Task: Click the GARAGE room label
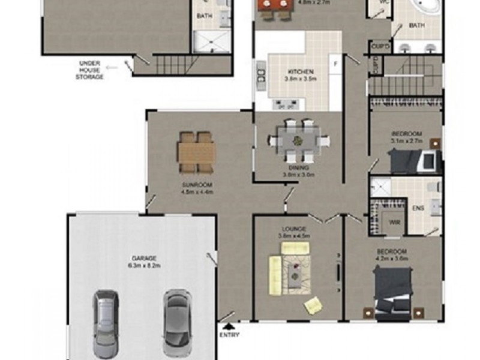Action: [x=143, y=259]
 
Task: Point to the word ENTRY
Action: [x=229, y=335]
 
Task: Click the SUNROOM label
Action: [x=197, y=185]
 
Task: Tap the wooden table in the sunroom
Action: [x=196, y=152]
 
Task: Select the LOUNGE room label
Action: [x=294, y=229]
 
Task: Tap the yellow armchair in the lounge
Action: [x=313, y=305]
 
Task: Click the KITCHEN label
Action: [x=298, y=72]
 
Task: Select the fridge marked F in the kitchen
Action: [x=335, y=62]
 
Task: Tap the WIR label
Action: [x=394, y=223]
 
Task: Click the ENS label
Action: [x=419, y=208]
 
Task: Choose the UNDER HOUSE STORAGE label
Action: [x=92, y=70]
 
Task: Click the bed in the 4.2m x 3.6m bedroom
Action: [x=393, y=291]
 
